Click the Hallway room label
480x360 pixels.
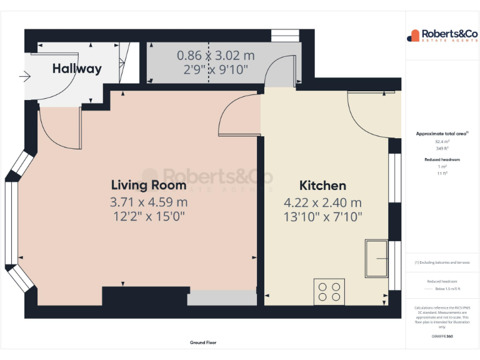76,69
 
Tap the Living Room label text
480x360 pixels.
148,185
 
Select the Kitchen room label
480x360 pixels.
322,186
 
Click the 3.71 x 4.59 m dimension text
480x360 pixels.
148,202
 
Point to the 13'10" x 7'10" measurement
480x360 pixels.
322,216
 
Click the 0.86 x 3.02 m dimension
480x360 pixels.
216,55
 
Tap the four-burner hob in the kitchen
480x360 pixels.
329,291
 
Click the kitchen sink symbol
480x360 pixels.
377,257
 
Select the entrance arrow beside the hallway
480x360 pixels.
26,77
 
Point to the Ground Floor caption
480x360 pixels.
203,342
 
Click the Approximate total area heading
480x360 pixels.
442,134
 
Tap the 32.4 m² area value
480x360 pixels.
442,142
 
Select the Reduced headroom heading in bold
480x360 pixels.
442,160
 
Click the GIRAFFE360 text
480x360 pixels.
442,336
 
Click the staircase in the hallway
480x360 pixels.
129,62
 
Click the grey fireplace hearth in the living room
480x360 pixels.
222,298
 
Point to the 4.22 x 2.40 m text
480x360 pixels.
322,202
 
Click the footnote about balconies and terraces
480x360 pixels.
442,262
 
